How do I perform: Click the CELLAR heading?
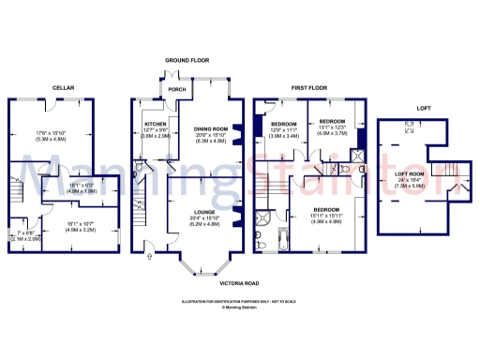pyautogui.click(x=64, y=88)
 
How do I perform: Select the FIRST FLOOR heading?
pyautogui.click(x=310, y=88)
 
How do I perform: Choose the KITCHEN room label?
pyautogui.click(x=156, y=125)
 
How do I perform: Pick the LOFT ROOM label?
pyautogui.click(x=411, y=174)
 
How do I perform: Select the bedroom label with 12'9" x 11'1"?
pyautogui.click(x=284, y=125)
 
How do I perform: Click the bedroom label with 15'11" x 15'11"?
pyautogui.click(x=324, y=210)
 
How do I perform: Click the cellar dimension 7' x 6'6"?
pyautogui.click(x=25, y=232)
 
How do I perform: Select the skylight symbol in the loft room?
pyautogui.click(x=406, y=131)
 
